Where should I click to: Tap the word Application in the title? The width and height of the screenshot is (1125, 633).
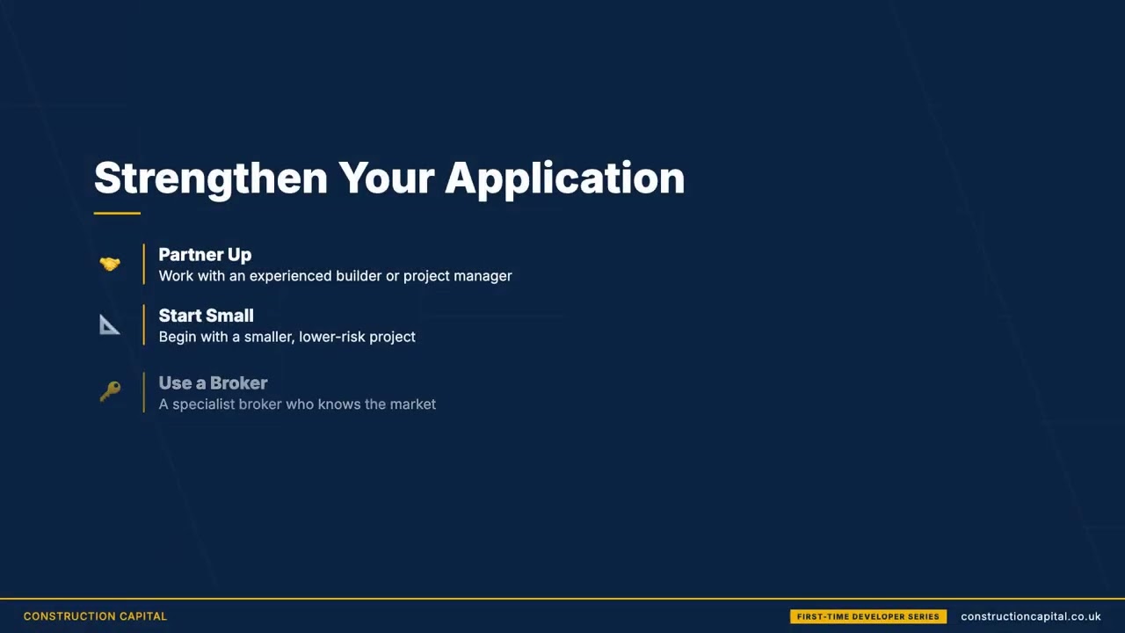pyautogui.click(x=564, y=178)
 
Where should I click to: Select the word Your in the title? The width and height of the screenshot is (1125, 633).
pyautogui.click(x=386, y=178)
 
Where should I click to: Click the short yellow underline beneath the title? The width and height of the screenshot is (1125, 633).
pyautogui.click(x=117, y=213)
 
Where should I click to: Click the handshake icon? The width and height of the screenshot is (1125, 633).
pyautogui.click(x=110, y=264)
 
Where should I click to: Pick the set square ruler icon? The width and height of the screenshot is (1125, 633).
pyautogui.click(x=110, y=325)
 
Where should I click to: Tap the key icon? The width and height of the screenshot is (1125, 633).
pyautogui.click(x=110, y=392)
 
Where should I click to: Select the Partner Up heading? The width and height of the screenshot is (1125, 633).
pyautogui.click(x=205, y=255)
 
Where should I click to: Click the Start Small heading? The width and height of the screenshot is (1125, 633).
pyautogui.click(x=206, y=316)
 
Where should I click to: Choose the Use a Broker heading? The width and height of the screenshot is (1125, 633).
pyautogui.click(x=213, y=383)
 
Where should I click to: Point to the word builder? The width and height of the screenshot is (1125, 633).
pyautogui.click(x=358, y=276)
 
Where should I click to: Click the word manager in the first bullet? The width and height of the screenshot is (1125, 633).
pyautogui.click(x=483, y=276)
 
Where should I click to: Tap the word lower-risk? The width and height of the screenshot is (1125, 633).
pyautogui.click(x=332, y=337)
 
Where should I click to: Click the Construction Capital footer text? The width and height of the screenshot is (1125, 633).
pyautogui.click(x=95, y=616)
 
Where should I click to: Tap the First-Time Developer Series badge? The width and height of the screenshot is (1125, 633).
pyautogui.click(x=867, y=616)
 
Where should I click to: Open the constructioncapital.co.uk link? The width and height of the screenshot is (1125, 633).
pyautogui.click(x=1030, y=616)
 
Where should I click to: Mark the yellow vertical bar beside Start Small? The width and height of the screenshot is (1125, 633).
pyautogui.click(x=143, y=325)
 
